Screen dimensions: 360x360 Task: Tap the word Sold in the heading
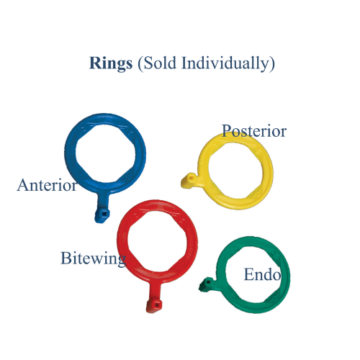tap(156, 63)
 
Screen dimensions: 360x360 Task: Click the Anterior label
tap(47, 185)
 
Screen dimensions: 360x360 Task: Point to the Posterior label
tap(254, 131)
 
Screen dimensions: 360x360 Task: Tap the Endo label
tap(262, 274)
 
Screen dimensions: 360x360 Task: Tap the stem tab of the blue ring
tap(102, 213)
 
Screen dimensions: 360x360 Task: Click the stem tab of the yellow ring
tap(189, 180)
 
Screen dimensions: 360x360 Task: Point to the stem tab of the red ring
tap(153, 305)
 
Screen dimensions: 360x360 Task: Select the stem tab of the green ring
tap(206, 286)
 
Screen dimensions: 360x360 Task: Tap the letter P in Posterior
tap(227, 131)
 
